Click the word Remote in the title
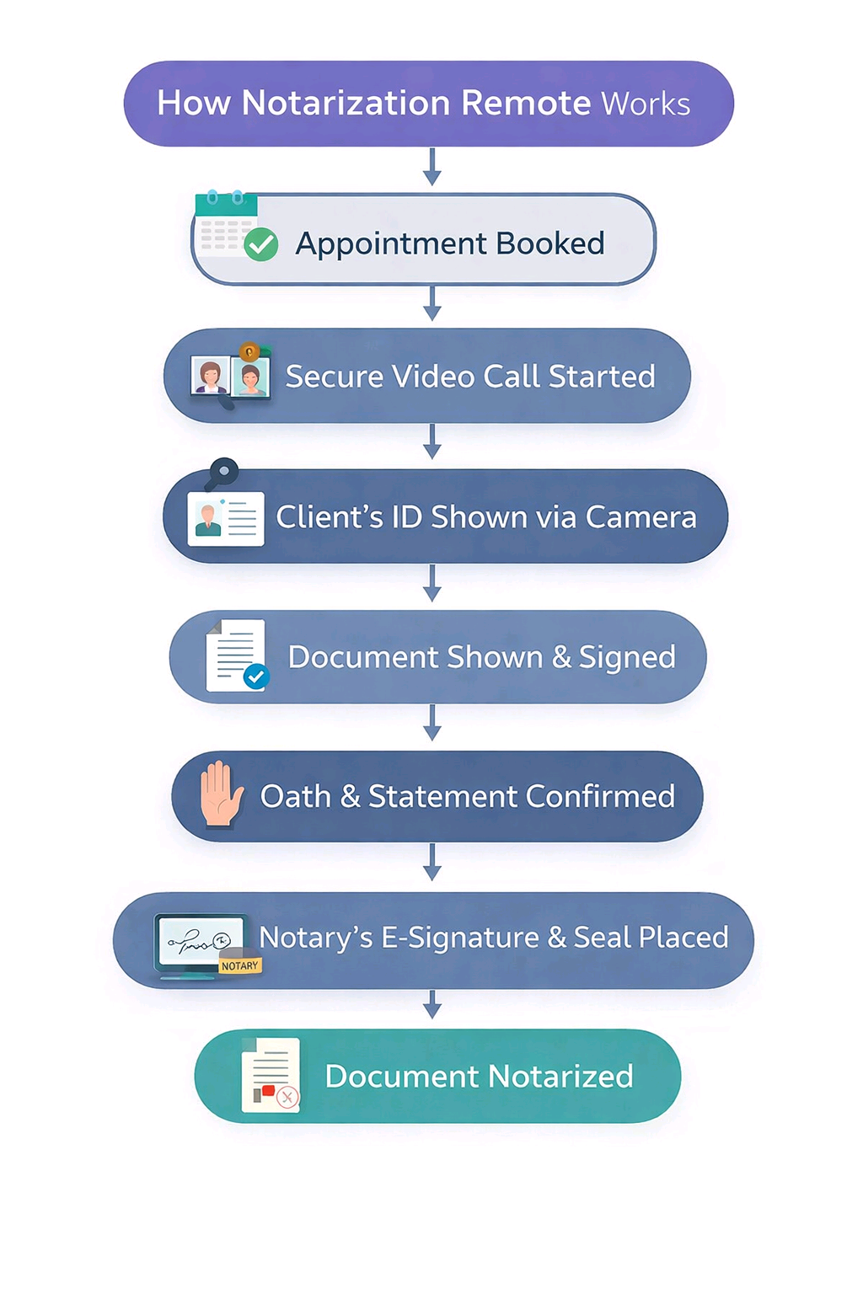(x=526, y=104)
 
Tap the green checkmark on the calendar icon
(x=261, y=245)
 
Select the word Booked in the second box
(x=549, y=243)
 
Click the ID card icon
(x=226, y=518)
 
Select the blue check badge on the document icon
(x=256, y=676)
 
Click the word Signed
(x=627, y=658)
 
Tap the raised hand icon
(x=220, y=794)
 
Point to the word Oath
(x=295, y=796)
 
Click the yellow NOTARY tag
(x=240, y=966)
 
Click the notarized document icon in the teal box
(x=271, y=1076)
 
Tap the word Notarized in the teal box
(x=560, y=1077)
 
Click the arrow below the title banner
(x=432, y=167)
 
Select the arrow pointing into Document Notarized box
(x=432, y=1004)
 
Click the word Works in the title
(x=646, y=104)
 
